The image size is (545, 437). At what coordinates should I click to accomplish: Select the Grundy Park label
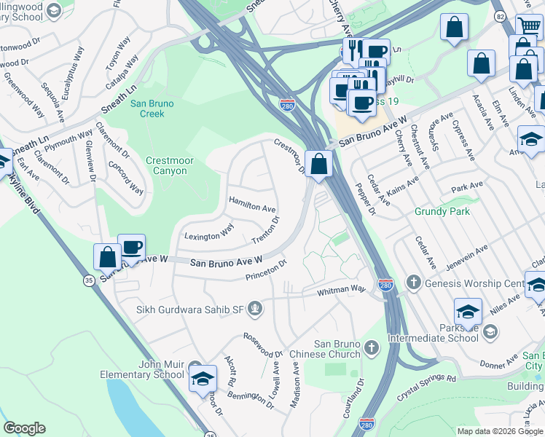(442, 212)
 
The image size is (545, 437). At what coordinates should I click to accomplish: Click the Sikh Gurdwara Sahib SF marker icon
(255, 311)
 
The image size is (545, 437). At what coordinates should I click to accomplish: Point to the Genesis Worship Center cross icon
(413, 283)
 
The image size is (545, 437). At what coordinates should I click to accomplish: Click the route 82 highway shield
(500, 15)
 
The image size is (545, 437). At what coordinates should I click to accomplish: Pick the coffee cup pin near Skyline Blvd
(131, 248)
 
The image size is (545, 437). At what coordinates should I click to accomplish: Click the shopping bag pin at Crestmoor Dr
(318, 163)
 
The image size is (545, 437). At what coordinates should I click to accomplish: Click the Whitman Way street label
(340, 291)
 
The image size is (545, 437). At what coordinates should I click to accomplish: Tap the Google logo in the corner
(24, 428)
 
